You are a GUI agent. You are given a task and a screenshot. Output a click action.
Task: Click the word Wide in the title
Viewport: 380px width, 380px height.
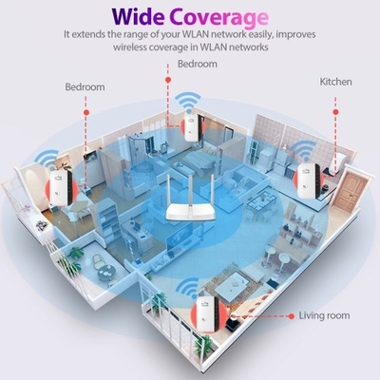pyautogui.click(x=139, y=16)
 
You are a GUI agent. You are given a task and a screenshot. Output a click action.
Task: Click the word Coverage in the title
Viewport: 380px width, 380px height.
pyautogui.click(x=219, y=18)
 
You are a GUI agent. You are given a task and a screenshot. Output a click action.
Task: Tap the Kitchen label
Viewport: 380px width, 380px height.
pyautogui.click(x=335, y=82)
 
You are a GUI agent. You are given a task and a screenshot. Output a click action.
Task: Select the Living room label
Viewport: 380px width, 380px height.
pyautogui.click(x=324, y=315)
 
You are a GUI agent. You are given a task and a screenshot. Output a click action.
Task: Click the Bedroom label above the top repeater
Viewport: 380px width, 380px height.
pyautogui.click(x=198, y=64)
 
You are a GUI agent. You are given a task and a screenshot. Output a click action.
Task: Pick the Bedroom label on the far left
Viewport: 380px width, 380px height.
pyautogui.click(x=85, y=86)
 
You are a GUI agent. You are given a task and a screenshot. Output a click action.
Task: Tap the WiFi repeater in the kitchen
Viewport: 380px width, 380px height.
pyautogui.click(x=309, y=181)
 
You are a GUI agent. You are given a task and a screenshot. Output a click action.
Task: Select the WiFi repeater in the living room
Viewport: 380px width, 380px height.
pyautogui.click(x=208, y=314)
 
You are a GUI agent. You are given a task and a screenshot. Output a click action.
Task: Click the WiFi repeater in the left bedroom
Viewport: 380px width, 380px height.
pyautogui.click(x=61, y=187)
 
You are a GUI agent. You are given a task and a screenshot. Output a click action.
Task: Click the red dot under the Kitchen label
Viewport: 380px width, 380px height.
pyautogui.click(x=335, y=112)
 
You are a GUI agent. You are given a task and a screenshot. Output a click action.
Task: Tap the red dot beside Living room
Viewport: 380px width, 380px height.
pyautogui.click(x=292, y=316)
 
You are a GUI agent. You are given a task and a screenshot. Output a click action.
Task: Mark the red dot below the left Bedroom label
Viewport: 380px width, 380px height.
pyautogui.click(x=86, y=112)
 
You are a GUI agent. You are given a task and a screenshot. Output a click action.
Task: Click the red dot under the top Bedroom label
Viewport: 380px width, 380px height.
pyautogui.click(x=168, y=80)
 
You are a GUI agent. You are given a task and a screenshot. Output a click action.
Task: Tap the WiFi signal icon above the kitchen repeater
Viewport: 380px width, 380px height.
pyautogui.click(x=305, y=151)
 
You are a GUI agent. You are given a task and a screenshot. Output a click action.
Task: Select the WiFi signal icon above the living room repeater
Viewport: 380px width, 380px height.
pyautogui.click(x=188, y=288)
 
